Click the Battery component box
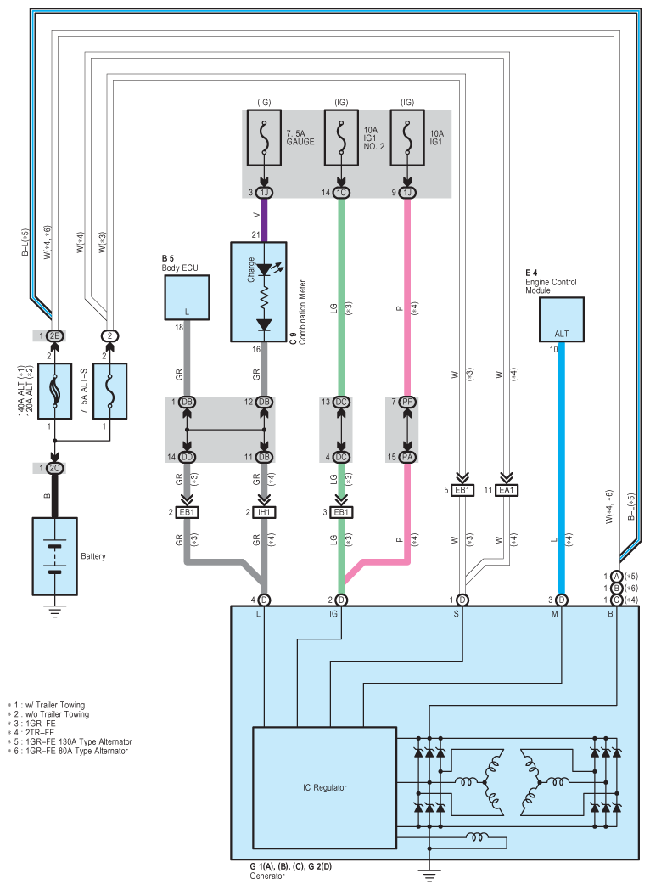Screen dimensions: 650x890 pos(54,556)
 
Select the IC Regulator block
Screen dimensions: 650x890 pos(324,787)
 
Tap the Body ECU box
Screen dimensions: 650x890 pos(187,298)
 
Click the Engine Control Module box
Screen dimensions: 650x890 pos(561,319)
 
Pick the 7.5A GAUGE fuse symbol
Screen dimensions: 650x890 pos(264,138)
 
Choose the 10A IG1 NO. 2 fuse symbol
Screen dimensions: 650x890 pos(341,138)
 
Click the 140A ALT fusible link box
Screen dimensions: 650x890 pos(54,391)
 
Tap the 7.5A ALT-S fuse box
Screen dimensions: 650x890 pos(110,391)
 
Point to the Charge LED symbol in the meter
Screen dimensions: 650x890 pos(264,270)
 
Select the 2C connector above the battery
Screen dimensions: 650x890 pos(54,468)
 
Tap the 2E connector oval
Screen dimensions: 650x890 pos(54,335)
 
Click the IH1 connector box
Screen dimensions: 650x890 pos(264,512)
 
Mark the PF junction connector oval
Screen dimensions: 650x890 pos(407,402)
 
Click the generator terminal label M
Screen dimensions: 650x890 pos(555,614)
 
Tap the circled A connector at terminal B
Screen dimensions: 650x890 pos(616,577)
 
